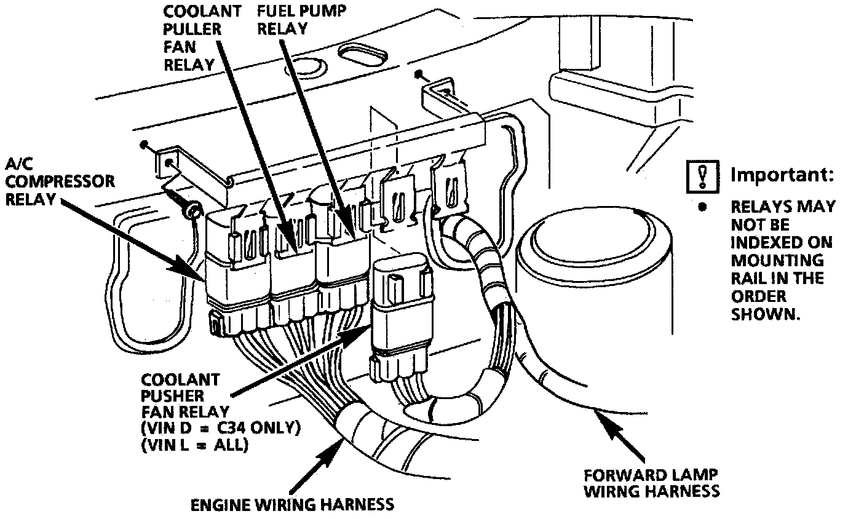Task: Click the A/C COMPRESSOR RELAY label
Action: click(60, 181)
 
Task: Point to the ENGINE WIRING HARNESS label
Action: click(292, 505)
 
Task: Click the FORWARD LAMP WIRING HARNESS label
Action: click(651, 483)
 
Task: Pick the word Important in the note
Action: click(782, 175)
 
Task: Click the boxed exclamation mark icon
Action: click(703, 175)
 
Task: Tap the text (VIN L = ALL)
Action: click(194, 445)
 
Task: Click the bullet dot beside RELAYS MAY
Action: click(702, 206)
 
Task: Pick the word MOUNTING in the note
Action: click(777, 260)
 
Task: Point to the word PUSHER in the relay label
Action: click(172, 396)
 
